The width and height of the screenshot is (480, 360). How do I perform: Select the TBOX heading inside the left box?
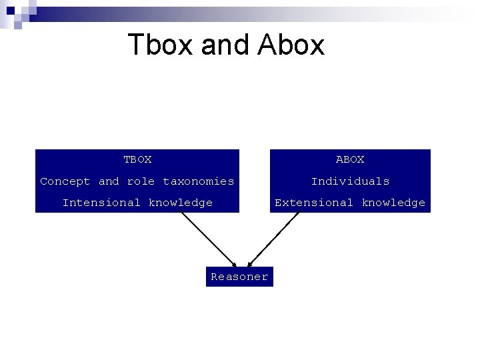pos(137,159)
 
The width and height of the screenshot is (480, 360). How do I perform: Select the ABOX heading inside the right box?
pos(350,159)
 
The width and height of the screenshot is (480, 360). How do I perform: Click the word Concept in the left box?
pos(65,181)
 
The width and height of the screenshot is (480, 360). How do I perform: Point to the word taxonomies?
pos(199,181)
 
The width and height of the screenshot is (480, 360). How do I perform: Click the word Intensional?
pos(101,203)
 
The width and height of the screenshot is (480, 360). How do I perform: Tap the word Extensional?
pos(314,203)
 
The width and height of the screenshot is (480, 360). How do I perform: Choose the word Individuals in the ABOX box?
pos(350,181)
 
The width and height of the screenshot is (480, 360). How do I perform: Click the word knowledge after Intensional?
pos(181,203)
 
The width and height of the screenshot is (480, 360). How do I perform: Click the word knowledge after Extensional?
pos(393,203)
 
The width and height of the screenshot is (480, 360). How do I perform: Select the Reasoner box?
pos(239,277)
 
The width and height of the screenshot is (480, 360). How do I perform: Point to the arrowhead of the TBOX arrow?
pos(233,264)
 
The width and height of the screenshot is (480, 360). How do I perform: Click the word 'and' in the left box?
pos(109,181)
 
